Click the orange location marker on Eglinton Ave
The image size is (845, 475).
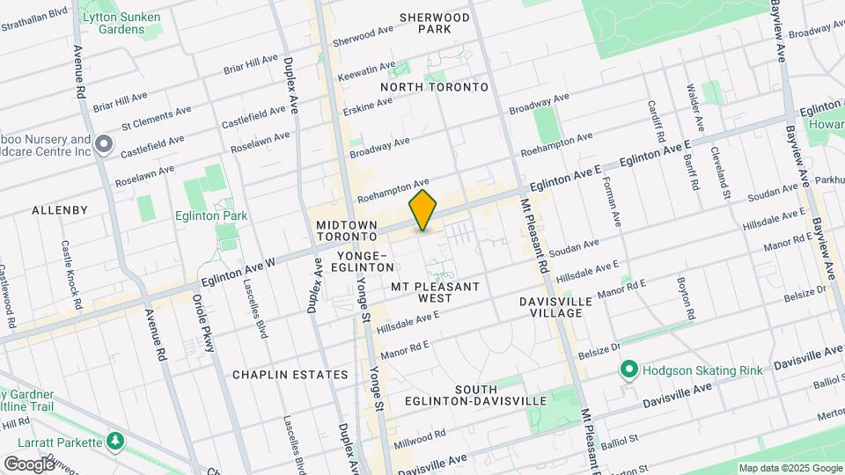(423, 211)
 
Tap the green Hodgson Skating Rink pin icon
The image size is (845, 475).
(629, 370)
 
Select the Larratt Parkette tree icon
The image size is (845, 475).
(114, 439)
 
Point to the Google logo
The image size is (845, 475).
(29, 464)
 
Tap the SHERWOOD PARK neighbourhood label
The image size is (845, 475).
(435, 23)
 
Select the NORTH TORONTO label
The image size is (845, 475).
(434, 87)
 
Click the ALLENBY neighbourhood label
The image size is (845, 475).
(60, 210)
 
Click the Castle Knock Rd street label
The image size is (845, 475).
(70, 276)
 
